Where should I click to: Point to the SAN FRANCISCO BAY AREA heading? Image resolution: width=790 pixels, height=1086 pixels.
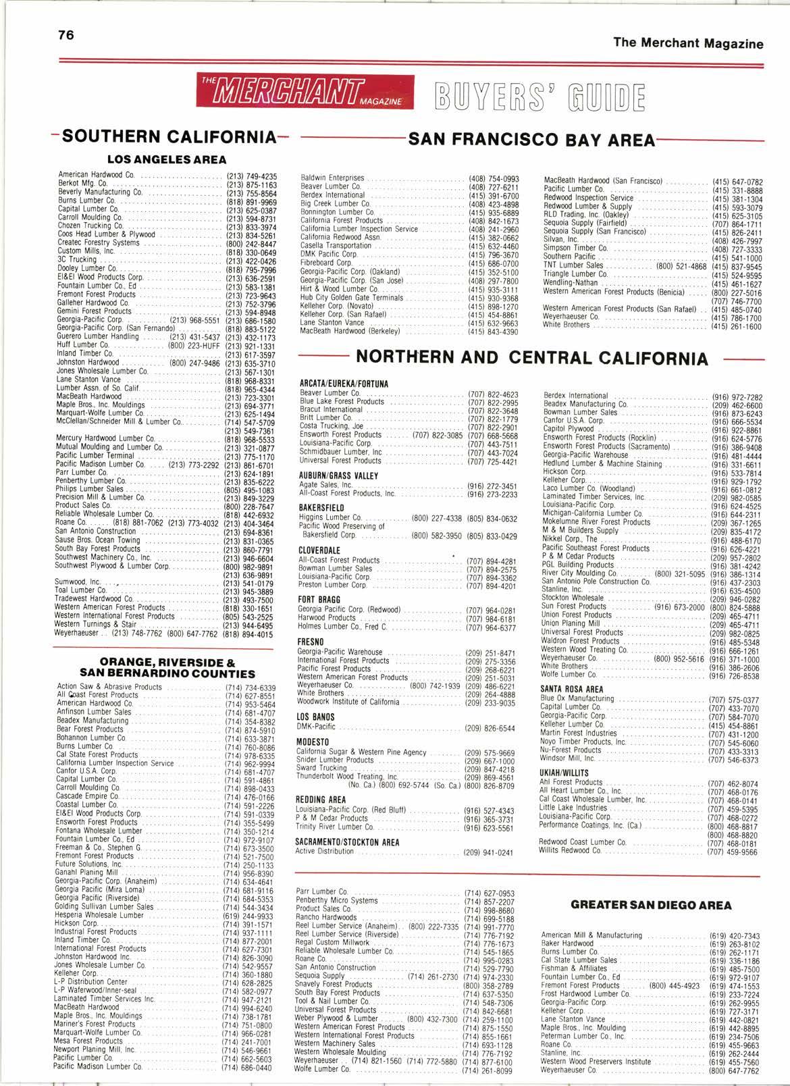[x=532, y=140]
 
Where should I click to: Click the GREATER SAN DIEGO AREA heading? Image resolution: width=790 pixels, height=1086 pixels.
[x=650, y=905]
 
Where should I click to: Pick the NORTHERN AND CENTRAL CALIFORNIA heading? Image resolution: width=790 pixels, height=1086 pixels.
[x=532, y=357]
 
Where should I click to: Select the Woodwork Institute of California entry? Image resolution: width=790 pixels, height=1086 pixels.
[x=348, y=702]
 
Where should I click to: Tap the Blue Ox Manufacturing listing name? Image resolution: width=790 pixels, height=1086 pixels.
[x=567, y=698]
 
